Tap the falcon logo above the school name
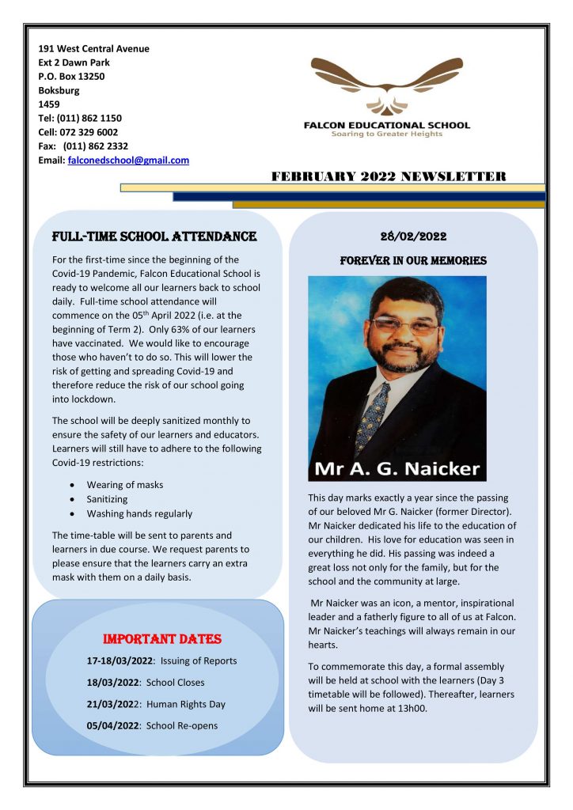point(385,85)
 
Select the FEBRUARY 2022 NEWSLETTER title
point(388,176)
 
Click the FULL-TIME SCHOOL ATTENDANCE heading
point(154,237)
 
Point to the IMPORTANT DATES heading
point(162,638)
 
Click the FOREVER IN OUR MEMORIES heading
point(413,260)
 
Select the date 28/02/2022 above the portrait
point(413,236)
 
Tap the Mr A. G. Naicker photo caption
point(397,468)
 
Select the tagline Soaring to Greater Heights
point(386,134)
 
